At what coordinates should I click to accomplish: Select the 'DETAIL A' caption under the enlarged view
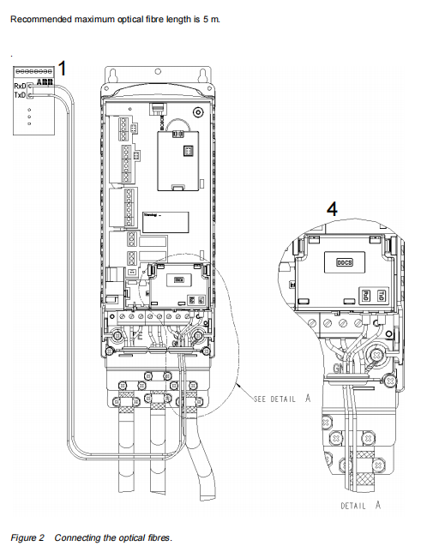[359, 506]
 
